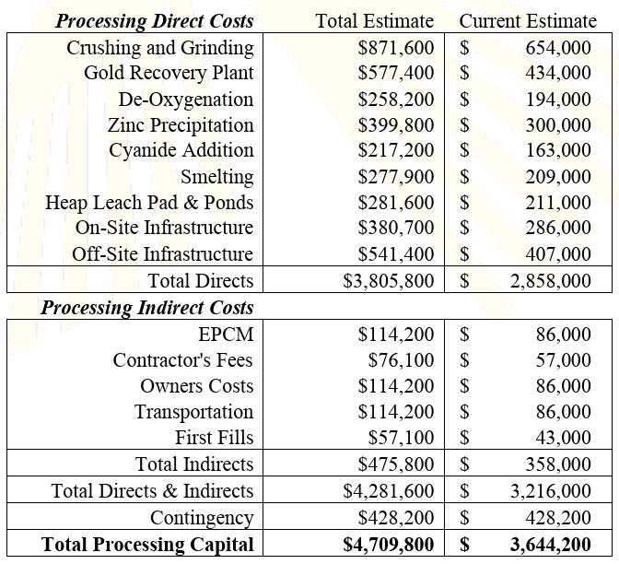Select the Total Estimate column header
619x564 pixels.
[x=374, y=20]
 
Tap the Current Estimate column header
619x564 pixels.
[x=527, y=20]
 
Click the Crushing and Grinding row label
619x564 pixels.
[x=159, y=48]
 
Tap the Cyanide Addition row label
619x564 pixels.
[x=181, y=150]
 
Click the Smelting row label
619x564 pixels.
[x=216, y=177]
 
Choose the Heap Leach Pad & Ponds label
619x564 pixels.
[x=149, y=203]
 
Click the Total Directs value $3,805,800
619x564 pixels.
[x=388, y=280]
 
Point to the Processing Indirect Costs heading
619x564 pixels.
[x=146, y=307]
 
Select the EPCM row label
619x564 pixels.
[x=226, y=335]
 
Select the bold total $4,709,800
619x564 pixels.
[x=388, y=545]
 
